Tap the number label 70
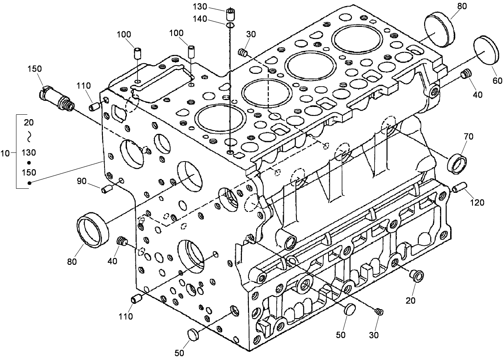coord(468,136)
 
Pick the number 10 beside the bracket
coord(5,153)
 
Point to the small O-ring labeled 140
coord(231,26)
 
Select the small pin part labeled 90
coord(107,188)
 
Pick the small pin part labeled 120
coord(459,188)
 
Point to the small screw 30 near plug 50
coord(379,312)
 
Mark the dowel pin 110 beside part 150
coord(94,107)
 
